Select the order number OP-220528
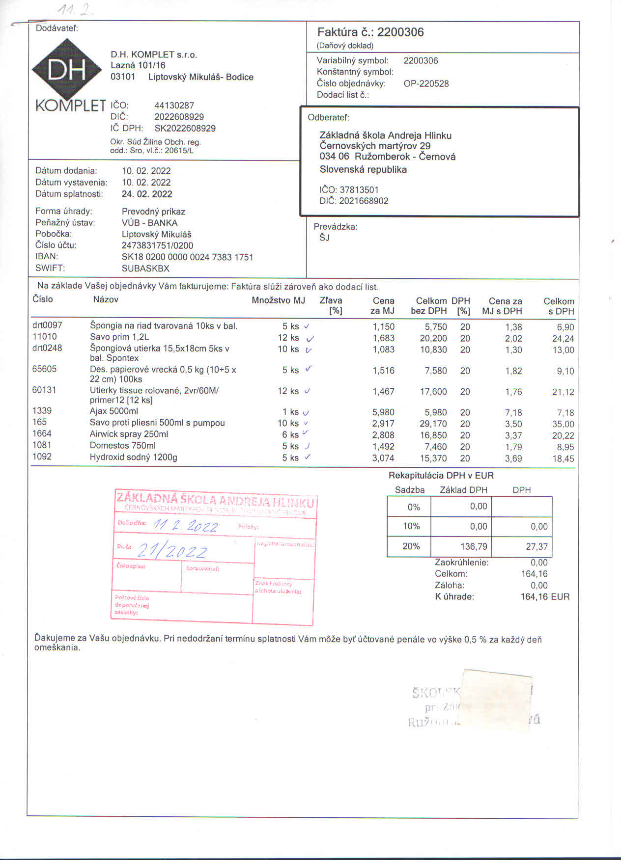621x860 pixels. click(426, 83)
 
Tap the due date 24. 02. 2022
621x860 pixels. click(147, 194)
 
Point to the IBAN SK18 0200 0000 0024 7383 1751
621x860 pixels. click(187, 257)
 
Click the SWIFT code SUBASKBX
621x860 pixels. click(145, 269)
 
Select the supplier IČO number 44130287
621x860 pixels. click(174, 106)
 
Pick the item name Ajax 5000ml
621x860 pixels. click(113, 411)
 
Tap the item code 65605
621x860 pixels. click(44, 369)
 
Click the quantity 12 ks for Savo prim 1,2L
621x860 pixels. click(288, 338)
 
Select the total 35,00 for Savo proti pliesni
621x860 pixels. click(563, 424)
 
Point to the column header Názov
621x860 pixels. click(106, 299)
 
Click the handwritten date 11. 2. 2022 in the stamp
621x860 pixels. click(186, 526)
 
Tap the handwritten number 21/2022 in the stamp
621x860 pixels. click(172, 551)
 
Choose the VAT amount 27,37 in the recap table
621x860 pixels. click(536, 547)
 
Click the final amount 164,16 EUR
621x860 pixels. click(545, 597)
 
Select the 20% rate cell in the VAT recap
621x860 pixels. click(411, 546)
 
